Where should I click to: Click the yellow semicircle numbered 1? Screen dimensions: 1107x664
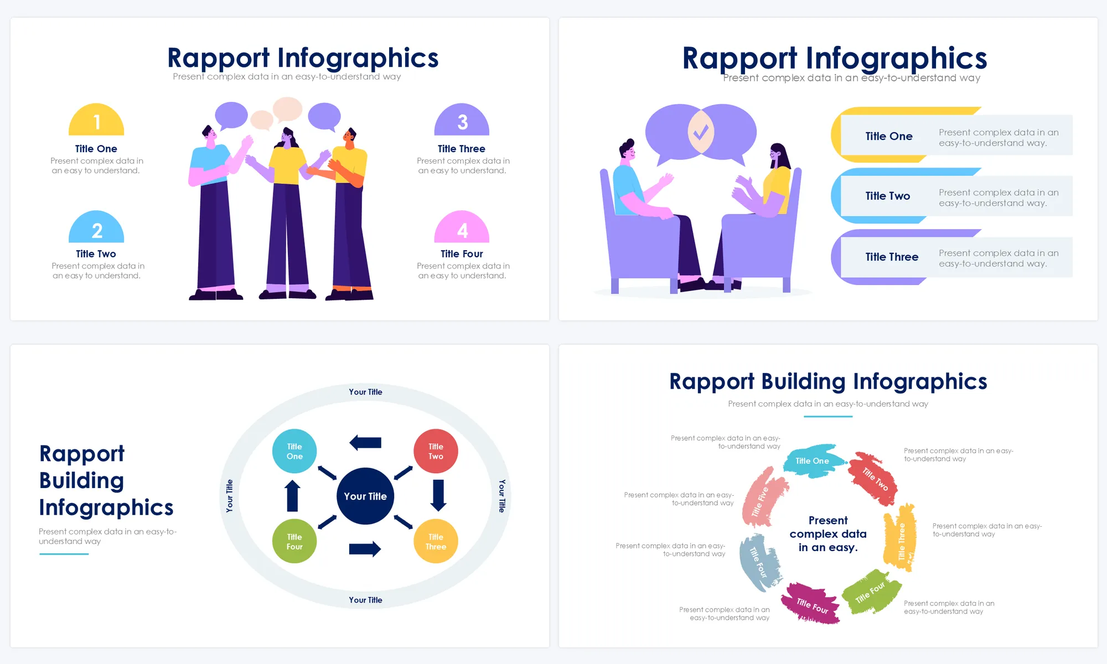(96, 120)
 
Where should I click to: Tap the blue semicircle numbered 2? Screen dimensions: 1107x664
(96, 227)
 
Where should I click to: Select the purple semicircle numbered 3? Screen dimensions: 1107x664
(462, 120)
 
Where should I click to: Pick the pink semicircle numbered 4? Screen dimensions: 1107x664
(462, 227)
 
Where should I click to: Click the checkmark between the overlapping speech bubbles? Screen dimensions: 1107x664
(701, 132)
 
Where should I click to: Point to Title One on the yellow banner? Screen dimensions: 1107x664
(889, 136)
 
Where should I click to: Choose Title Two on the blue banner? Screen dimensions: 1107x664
(888, 196)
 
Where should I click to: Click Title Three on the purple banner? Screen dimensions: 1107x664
(892, 257)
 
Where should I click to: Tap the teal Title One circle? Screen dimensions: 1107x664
(294, 451)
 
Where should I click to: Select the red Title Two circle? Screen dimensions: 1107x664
(436, 451)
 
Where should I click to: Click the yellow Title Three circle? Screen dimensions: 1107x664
(436, 541)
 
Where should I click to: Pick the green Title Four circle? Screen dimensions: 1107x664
(294, 541)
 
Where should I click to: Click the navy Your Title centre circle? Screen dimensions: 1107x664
(365, 496)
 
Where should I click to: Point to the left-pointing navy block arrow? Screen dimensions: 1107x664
(365, 443)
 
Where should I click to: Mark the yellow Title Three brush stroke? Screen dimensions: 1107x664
(900, 537)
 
